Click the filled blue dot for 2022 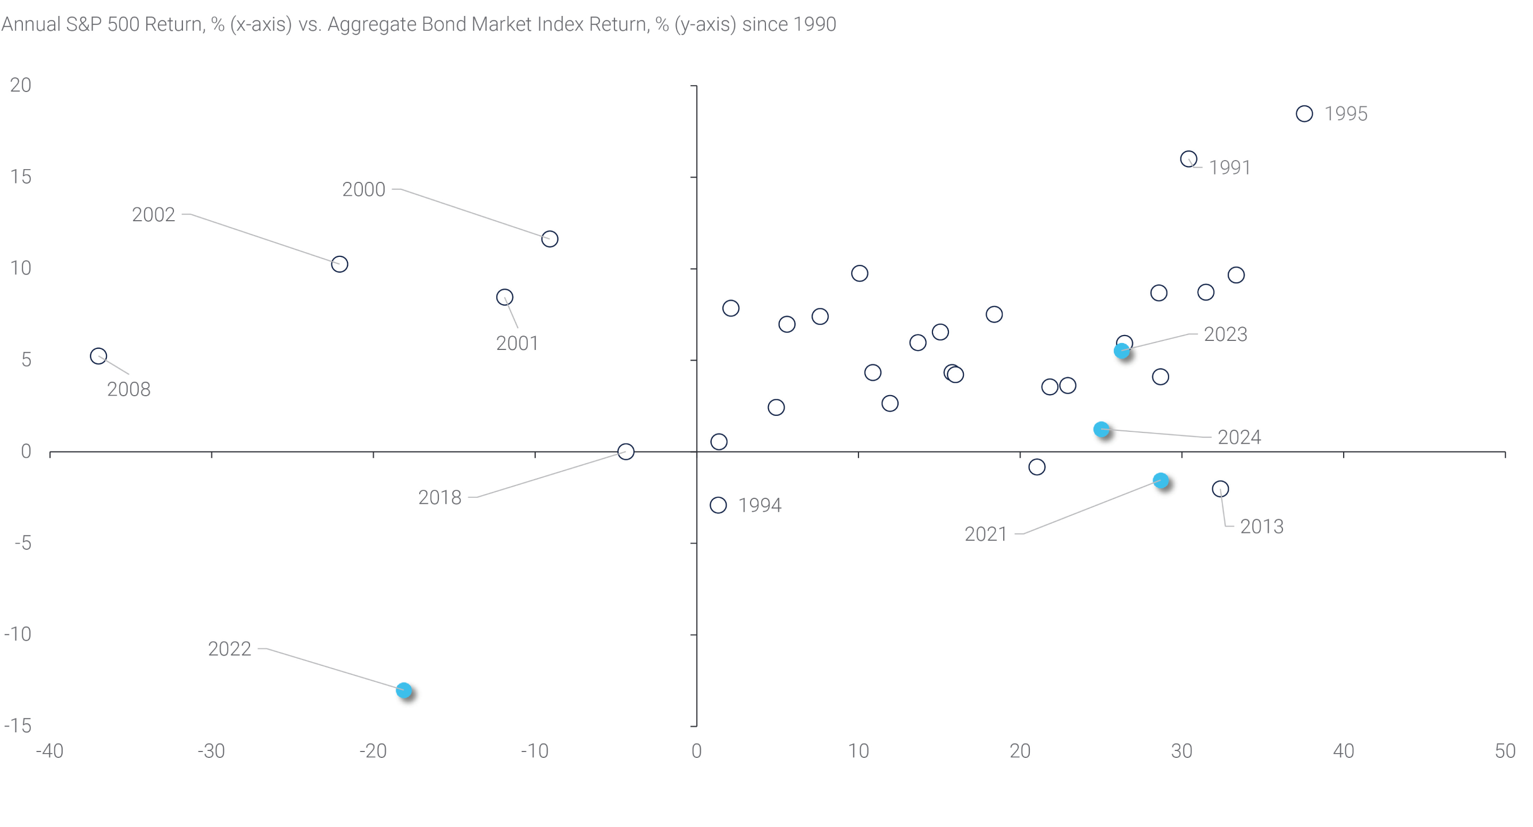pyautogui.click(x=404, y=690)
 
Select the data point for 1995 pyautogui.click(x=1304, y=114)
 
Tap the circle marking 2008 pyautogui.click(x=98, y=356)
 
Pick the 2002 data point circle pyautogui.click(x=339, y=264)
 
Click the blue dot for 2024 pyautogui.click(x=1102, y=430)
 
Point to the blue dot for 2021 pyautogui.click(x=1161, y=481)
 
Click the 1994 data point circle pyautogui.click(x=718, y=505)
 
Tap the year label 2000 pyautogui.click(x=364, y=190)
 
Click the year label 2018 pyautogui.click(x=439, y=497)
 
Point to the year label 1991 pyautogui.click(x=1229, y=168)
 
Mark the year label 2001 pyautogui.click(x=517, y=343)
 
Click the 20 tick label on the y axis pyautogui.click(x=20, y=86)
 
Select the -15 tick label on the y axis pyautogui.click(x=18, y=726)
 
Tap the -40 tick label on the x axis pyautogui.click(x=49, y=751)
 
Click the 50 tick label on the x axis pyautogui.click(x=1505, y=751)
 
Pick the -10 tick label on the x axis pyautogui.click(x=535, y=751)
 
